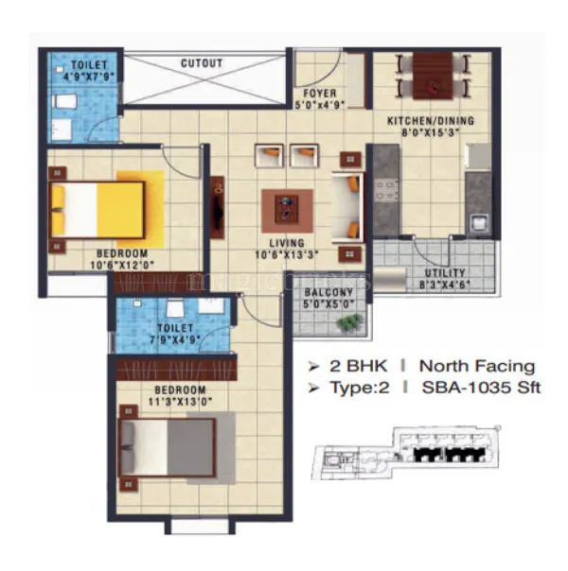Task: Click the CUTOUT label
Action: click(201, 64)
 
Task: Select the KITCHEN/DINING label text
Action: click(430, 122)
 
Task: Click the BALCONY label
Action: click(328, 293)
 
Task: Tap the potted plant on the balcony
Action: click(350, 323)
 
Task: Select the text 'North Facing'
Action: click(476, 366)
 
